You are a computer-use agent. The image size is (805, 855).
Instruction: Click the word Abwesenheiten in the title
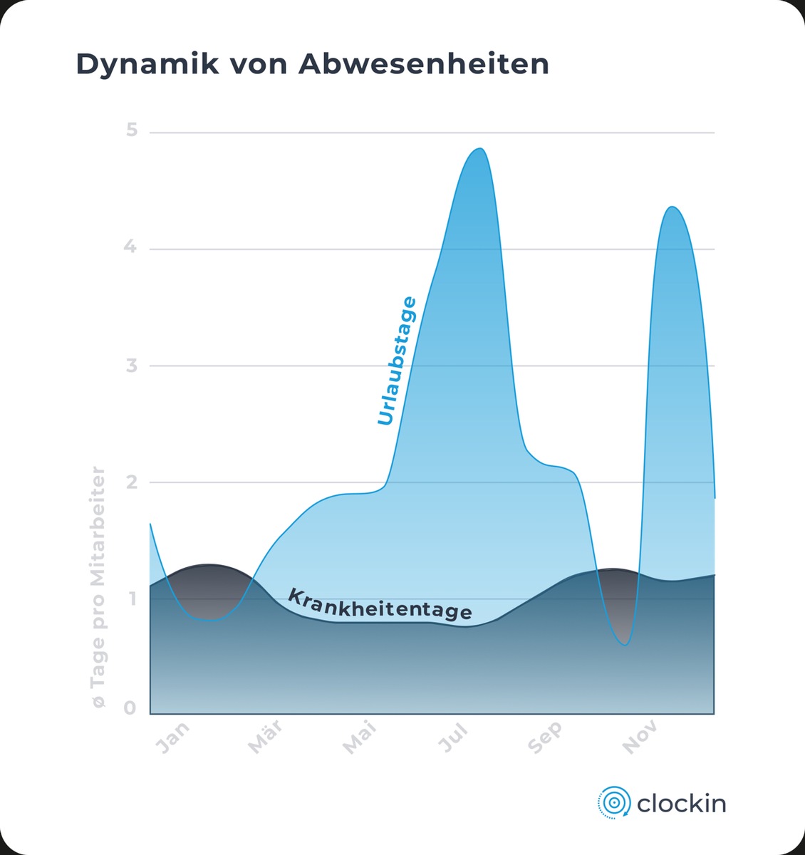(x=424, y=63)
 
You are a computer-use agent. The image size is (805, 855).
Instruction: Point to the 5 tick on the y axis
(x=131, y=130)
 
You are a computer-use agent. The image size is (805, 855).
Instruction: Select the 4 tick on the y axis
(x=130, y=247)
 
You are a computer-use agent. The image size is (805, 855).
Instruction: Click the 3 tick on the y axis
(x=131, y=366)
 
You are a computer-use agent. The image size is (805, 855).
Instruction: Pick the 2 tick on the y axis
(x=131, y=482)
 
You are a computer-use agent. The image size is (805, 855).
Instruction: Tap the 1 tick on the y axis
(x=131, y=598)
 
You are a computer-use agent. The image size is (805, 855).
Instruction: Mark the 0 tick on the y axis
(x=130, y=708)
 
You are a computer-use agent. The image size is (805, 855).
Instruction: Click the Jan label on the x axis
(x=173, y=737)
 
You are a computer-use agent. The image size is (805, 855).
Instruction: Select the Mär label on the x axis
(x=265, y=737)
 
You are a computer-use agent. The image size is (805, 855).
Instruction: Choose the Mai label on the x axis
(x=359, y=737)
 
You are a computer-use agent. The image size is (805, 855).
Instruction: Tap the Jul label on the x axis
(x=453, y=737)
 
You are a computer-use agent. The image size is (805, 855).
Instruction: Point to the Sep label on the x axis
(x=546, y=737)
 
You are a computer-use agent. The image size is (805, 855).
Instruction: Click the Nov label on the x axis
(x=640, y=737)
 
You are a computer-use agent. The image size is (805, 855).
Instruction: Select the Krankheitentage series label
(x=379, y=604)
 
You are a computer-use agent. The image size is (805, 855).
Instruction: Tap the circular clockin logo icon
(x=613, y=803)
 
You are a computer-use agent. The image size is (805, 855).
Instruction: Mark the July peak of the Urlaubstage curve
(x=481, y=149)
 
